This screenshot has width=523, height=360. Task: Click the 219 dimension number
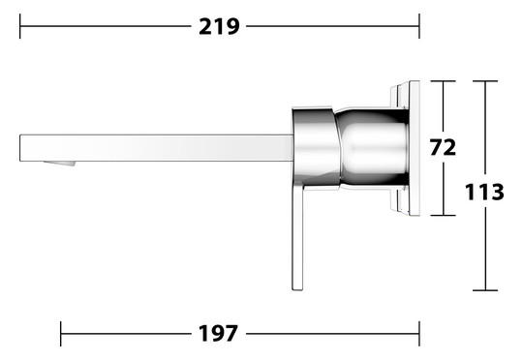219,27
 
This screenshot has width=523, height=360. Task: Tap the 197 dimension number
218,333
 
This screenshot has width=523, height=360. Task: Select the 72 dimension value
443,147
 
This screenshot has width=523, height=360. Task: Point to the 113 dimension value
484,192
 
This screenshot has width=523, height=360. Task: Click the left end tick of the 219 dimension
20,26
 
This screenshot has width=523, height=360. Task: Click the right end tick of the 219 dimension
419,26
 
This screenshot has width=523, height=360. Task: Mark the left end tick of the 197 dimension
61,334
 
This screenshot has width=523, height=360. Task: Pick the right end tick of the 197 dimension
419,334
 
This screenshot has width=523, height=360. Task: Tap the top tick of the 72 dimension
443,81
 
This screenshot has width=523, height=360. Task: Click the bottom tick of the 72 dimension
443,216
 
